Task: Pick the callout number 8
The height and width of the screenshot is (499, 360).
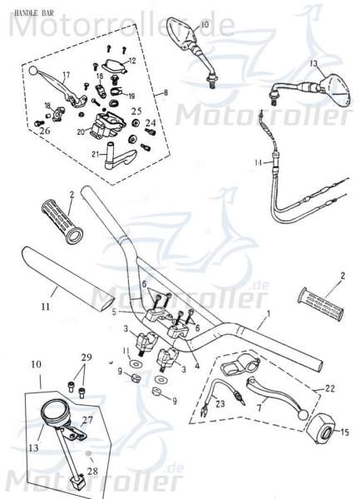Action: pyautogui.click(x=166, y=92)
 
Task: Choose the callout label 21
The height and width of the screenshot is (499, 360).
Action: pyautogui.click(x=96, y=155)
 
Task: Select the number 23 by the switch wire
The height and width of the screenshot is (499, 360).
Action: pyautogui.click(x=220, y=404)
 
